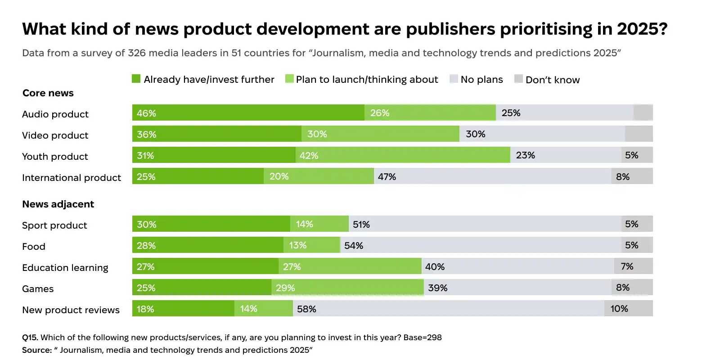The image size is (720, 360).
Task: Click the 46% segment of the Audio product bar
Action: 248,113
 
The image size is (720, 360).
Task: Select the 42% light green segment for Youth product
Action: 403,155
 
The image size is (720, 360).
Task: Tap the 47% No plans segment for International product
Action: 492,176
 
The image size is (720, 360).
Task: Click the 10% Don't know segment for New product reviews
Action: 628,309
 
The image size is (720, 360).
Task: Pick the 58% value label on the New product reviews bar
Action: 306,309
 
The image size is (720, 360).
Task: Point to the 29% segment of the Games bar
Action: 347,288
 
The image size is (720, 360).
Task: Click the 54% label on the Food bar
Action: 353,246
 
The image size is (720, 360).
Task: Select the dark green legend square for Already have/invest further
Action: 136,79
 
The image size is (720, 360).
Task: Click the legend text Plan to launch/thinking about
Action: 367,80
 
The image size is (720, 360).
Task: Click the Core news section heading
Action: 48,93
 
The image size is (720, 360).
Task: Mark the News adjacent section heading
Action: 58,204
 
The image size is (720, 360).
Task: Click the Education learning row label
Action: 65,268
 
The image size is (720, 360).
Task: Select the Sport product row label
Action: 54,225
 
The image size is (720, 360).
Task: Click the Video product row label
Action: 55,135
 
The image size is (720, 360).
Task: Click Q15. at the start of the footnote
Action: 30,337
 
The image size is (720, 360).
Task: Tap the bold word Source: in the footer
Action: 37,350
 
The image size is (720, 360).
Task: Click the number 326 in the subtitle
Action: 137,53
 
